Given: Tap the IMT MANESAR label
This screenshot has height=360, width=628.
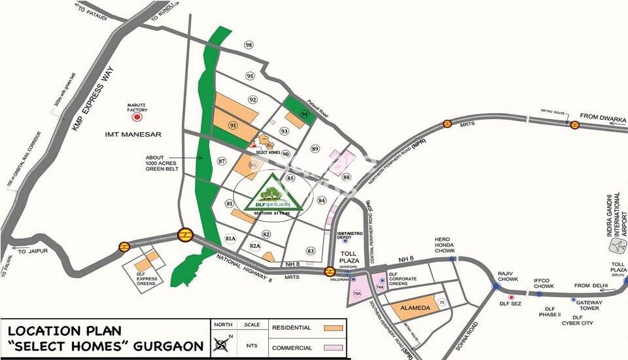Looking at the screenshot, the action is click(133, 134).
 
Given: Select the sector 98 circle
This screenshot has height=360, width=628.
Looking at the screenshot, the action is click(249, 45).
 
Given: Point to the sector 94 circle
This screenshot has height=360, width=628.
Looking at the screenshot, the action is click(304, 114).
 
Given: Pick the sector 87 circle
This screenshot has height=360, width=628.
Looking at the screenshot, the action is click(222, 160).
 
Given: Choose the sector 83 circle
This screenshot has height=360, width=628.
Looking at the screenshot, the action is click(311, 251).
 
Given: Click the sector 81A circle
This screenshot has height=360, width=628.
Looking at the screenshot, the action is click(230, 238).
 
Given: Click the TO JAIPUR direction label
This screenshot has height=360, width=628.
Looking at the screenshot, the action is click(31, 251).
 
